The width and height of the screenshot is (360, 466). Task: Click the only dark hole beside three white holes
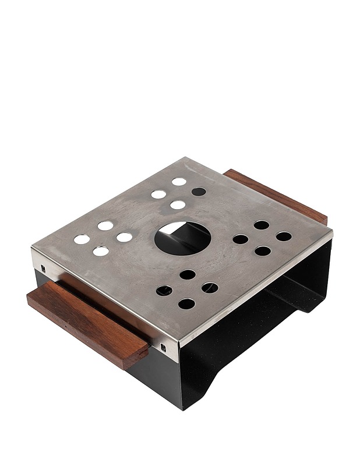tap(199, 191)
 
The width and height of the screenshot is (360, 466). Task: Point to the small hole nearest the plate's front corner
tap(186, 303)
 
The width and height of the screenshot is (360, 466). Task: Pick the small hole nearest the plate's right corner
tap(284, 236)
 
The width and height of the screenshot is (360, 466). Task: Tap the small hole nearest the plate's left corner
tap(82, 239)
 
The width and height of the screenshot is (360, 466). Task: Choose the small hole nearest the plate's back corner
tap(179, 181)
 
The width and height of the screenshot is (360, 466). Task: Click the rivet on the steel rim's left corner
tap(43, 268)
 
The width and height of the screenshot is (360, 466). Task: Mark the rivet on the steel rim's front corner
tap(163, 348)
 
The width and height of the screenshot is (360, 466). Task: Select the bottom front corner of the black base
tap(182, 408)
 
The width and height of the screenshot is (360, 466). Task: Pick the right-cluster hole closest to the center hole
tap(240, 239)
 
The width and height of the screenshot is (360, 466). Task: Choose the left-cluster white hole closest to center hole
tap(124, 237)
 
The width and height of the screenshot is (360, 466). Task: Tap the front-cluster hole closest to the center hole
tap(187, 274)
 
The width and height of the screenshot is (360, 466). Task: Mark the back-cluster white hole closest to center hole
tap(178, 205)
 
